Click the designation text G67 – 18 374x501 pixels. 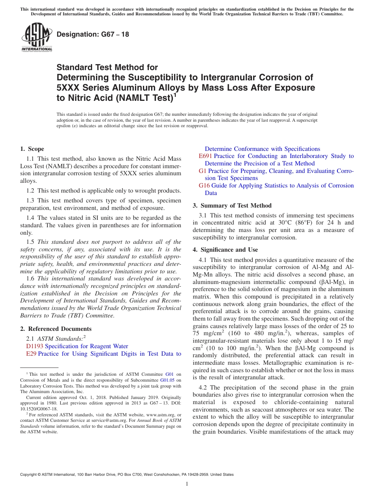tap(93, 35)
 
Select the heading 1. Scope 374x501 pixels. tap(32, 149)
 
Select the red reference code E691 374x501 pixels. tap(206, 156)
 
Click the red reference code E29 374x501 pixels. tap(31, 354)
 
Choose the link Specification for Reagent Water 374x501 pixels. tap(87, 346)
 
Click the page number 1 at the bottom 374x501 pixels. tap(187, 484)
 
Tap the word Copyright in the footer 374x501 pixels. tap(29, 475)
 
